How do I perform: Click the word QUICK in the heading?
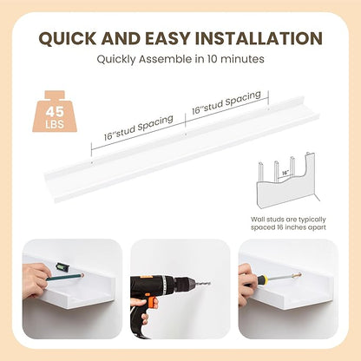tap(68, 38)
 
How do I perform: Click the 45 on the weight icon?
tap(55, 112)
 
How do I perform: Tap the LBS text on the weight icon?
tap(55, 124)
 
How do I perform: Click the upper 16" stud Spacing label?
tap(226, 102)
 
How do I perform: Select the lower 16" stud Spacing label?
tap(139, 128)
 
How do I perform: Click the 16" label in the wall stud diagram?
tap(286, 173)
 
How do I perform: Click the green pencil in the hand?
tap(64, 277)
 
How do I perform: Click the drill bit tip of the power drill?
tap(209, 283)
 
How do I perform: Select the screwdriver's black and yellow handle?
tap(255, 279)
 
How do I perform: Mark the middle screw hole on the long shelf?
tap(186, 134)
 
